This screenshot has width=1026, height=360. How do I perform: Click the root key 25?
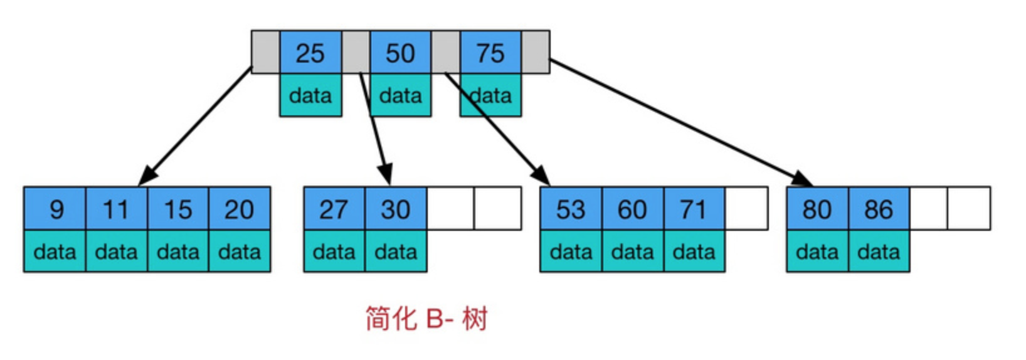click(x=310, y=53)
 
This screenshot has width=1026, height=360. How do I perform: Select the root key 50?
click(x=400, y=53)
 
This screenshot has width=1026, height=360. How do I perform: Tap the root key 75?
click(x=490, y=53)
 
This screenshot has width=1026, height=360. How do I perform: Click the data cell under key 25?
click(x=310, y=95)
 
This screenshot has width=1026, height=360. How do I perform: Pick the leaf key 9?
click(x=55, y=209)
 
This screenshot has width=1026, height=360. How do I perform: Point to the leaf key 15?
click(x=178, y=209)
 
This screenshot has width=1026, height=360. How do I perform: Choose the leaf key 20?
click(x=240, y=209)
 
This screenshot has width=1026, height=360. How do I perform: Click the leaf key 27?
click(x=334, y=209)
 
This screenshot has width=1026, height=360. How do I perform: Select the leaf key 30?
click(x=395, y=209)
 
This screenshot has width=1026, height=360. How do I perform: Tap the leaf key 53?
click(x=571, y=209)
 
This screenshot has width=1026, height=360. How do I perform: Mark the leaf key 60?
click(x=632, y=209)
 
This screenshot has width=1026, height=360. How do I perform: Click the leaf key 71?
click(x=694, y=209)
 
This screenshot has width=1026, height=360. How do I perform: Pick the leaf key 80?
click(x=817, y=209)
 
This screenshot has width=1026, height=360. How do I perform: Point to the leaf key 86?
click(x=878, y=209)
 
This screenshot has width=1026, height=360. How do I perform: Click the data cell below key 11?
click(x=117, y=251)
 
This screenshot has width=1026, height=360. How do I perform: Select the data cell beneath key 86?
click(x=878, y=251)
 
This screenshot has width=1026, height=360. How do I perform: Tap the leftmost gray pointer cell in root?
click(x=265, y=52)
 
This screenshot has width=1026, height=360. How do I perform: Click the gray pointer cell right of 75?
click(x=536, y=52)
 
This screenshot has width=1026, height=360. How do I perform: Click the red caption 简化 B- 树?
click(x=426, y=319)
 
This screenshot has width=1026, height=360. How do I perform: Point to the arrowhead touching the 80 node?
click(x=804, y=179)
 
